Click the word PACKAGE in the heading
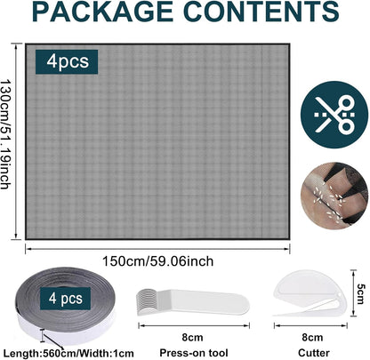[x=102, y=12]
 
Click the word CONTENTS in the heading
[x=261, y=12]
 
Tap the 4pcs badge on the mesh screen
[x=67, y=61]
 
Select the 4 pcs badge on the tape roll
[x=66, y=299]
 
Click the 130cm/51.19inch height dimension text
[x=5, y=134]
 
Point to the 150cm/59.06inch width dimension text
[x=157, y=261]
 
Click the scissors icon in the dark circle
[x=334, y=115]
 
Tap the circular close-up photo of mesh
[x=334, y=196]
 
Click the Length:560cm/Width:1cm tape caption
[x=68, y=354]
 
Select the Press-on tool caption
[x=194, y=353]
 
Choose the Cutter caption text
[x=314, y=353]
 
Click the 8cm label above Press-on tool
[x=192, y=338]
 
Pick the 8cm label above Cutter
[x=312, y=338]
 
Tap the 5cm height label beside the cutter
[x=361, y=294]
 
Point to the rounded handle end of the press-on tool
[x=237, y=304]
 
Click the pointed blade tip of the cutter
[x=274, y=315]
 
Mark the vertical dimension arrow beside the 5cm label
[x=353, y=293]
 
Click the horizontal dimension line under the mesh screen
[x=157, y=249]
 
